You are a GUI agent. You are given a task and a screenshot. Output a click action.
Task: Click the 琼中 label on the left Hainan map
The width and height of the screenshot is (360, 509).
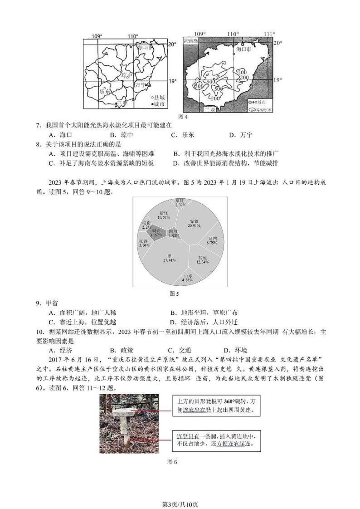point(127,75)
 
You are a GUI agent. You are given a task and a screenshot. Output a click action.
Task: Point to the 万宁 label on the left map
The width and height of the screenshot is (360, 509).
point(141,85)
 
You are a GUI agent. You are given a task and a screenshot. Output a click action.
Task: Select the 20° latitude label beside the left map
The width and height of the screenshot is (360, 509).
point(172,44)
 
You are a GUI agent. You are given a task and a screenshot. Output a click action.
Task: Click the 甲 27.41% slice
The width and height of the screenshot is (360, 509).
point(169,258)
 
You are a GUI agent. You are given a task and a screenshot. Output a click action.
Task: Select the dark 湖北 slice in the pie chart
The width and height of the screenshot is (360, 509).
point(156,233)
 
